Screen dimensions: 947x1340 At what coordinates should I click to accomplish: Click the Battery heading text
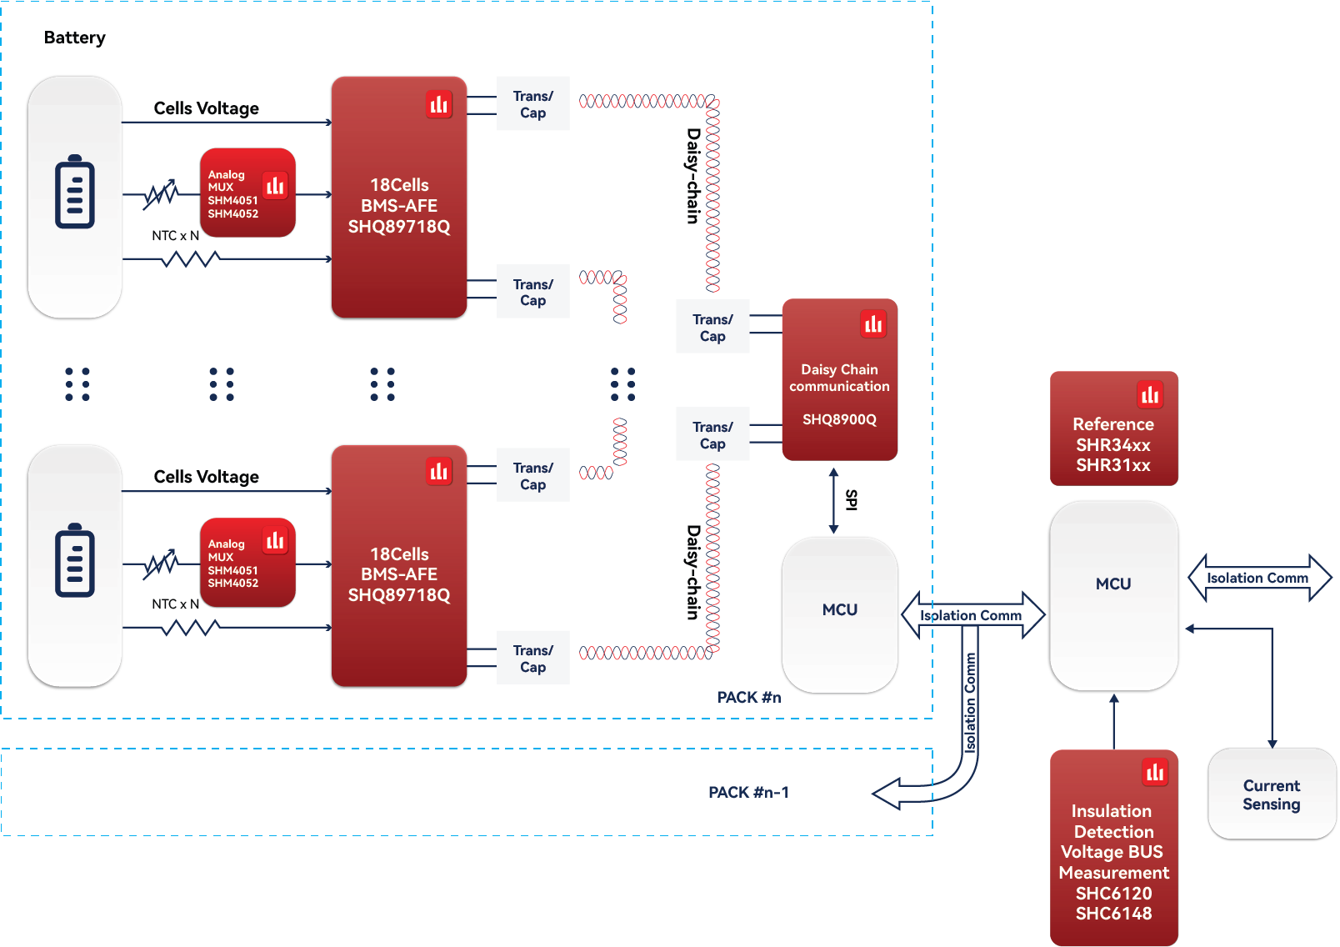click(x=75, y=38)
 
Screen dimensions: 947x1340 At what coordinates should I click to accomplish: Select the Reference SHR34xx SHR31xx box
click(x=1113, y=428)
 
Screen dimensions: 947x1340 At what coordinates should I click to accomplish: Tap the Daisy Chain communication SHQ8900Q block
click(x=839, y=379)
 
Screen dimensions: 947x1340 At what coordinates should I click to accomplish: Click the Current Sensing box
click(x=1272, y=794)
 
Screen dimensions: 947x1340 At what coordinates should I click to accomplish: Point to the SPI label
click(x=851, y=499)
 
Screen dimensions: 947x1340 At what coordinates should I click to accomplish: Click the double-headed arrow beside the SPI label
click(x=833, y=501)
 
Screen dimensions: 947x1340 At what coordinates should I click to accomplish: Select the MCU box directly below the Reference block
click(x=1113, y=595)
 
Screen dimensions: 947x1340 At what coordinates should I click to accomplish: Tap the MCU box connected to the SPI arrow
click(x=839, y=614)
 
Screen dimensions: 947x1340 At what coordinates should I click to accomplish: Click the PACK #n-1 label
click(x=748, y=792)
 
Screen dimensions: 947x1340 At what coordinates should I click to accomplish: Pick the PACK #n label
click(x=749, y=697)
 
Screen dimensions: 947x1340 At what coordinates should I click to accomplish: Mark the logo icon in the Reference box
click(x=1150, y=394)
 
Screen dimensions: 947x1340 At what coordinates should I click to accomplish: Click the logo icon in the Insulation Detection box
click(x=1155, y=773)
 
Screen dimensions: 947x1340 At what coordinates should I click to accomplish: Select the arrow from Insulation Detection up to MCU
click(x=1113, y=721)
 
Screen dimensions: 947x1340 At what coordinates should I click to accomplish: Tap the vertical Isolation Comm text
click(x=970, y=703)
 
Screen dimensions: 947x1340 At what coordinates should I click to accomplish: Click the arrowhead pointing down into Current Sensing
click(x=1272, y=742)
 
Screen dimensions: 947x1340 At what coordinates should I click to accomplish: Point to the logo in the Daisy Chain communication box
click(x=873, y=323)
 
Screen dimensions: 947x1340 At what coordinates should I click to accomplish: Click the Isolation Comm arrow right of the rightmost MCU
click(x=1258, y=578)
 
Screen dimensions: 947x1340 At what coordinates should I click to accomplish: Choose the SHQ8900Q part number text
click(x=839, y=419)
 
